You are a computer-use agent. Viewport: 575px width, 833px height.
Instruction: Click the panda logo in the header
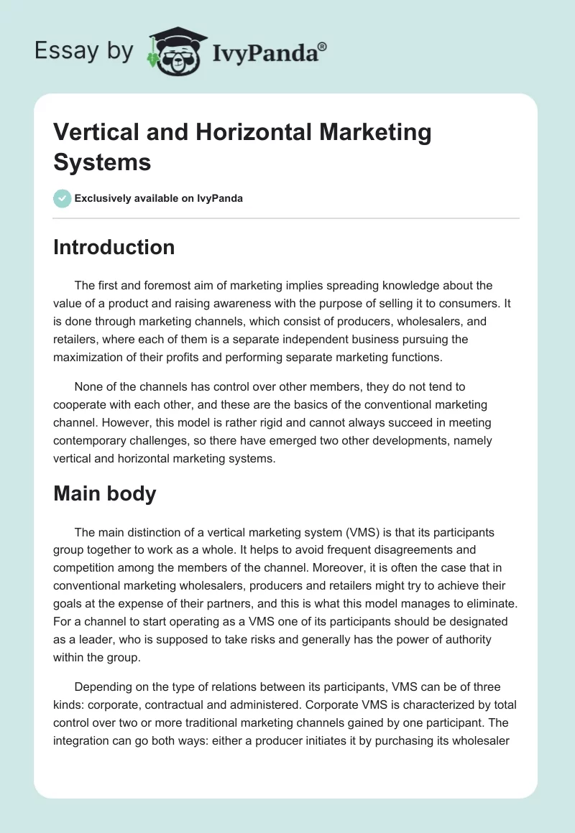coord(172,52)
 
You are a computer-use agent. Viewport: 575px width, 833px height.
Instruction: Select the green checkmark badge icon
coord(63,198)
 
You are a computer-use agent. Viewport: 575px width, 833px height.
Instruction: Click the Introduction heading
coord(114,247)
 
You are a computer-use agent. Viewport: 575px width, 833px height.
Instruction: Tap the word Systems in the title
coord(102,162)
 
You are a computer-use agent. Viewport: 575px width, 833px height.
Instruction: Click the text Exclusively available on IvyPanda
coord(159,198)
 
